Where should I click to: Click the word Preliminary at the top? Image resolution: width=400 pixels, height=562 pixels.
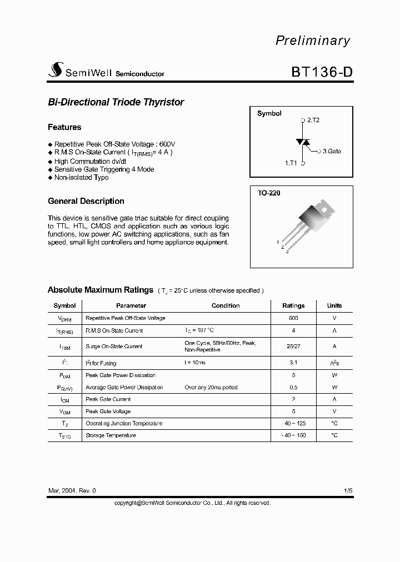(313, 41)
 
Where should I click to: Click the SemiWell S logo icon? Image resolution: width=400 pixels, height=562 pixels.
(56, 71)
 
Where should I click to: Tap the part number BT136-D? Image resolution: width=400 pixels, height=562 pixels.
(321, 72)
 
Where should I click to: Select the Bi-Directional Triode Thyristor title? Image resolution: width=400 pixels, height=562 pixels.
(116, 102)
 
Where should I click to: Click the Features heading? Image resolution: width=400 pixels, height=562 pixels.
(64, 127)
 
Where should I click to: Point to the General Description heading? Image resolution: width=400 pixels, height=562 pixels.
(86, 201)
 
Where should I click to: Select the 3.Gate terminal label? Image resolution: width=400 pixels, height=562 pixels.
(331, 151)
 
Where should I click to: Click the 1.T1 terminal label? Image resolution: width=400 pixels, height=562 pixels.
(292, 163)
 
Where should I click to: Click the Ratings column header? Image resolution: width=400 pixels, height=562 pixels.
(293, 305)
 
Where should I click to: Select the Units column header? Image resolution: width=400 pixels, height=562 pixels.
(334, 305)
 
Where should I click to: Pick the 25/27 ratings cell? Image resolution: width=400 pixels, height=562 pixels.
(293, 347)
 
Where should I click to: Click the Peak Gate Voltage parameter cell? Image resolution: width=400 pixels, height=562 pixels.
(108, 412)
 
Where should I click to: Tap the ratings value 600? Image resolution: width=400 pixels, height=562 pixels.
(293, 319)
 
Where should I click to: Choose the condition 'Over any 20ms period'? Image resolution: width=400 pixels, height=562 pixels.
(211, 387)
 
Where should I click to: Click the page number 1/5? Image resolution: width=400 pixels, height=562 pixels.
(348, 491)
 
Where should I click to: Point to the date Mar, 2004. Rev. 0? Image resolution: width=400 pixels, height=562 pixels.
(72, 491)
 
